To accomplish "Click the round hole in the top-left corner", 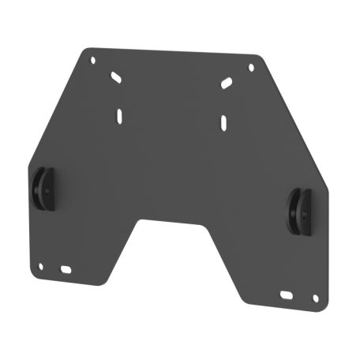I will [92, 59].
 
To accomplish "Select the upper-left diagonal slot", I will [116, 77].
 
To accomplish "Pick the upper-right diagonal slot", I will [227, 83].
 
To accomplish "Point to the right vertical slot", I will [224, 121].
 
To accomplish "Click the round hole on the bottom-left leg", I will [39, 266].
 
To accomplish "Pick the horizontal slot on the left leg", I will [65, 269].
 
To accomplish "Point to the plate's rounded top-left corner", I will [85, 51].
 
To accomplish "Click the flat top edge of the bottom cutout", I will [174, 221].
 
